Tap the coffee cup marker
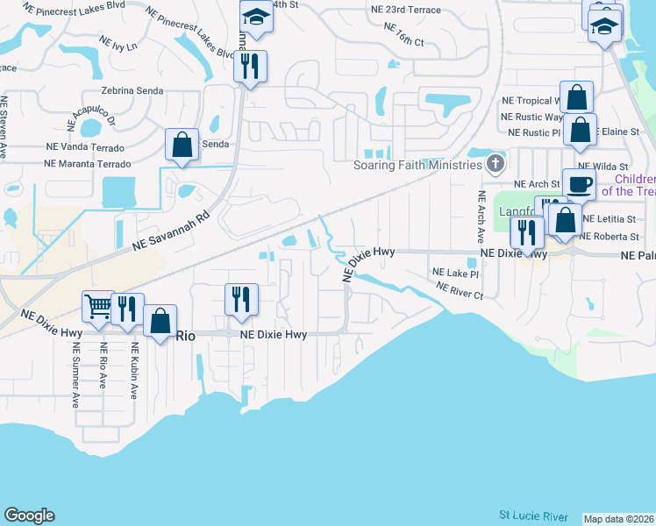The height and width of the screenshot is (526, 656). (x=579, y=185)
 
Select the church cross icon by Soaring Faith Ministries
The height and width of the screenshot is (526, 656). (x=496, y=164)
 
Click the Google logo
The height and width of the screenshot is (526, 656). (x=29, y=515)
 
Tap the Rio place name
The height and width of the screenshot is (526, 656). (x=185, y=335)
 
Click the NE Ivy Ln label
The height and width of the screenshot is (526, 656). (x=118, y=44)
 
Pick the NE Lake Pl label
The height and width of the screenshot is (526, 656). (x=455, y=274)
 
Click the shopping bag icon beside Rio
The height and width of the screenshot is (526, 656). (x=160, y=321)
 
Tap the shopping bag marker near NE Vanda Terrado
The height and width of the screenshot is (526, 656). (x=182, y=146)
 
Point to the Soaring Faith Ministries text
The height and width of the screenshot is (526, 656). (x=417, y=165)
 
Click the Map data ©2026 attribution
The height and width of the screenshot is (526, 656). (x=618, y=519)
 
